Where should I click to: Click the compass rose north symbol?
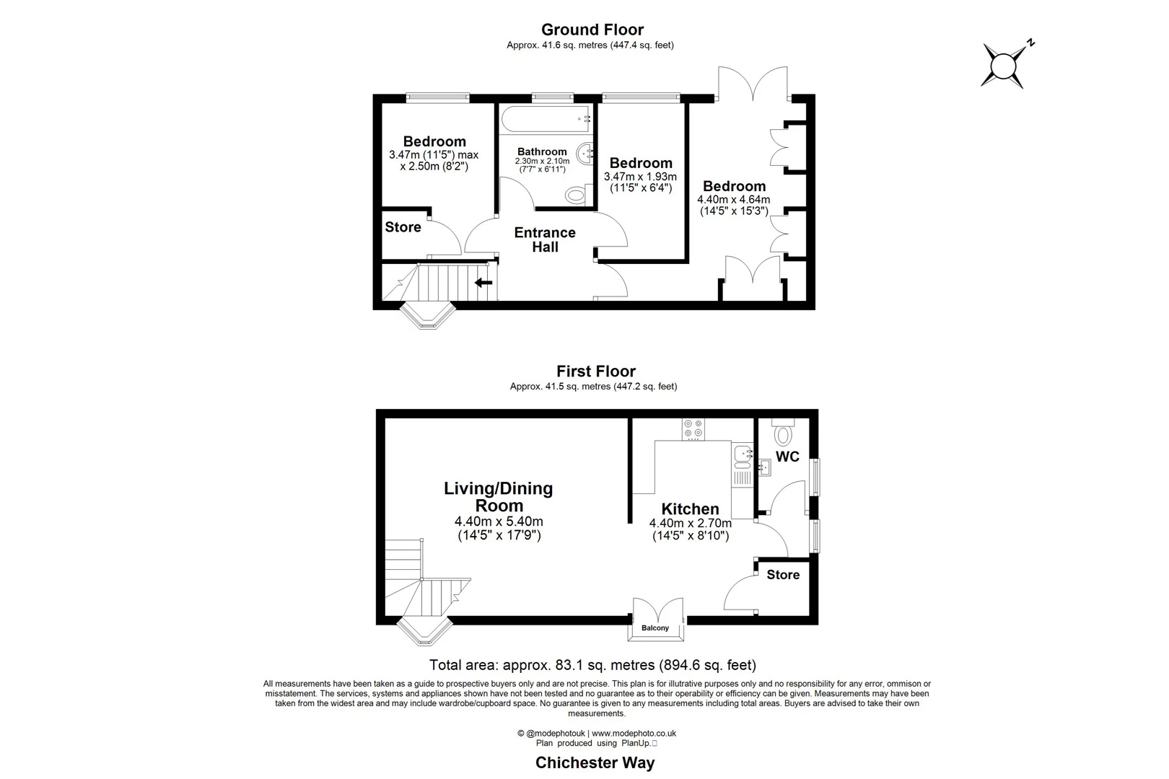tap(1004, 66)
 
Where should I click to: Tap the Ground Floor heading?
tap(592, 30)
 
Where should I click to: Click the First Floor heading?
tap(595, 371)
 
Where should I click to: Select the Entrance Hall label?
tap(545, 239)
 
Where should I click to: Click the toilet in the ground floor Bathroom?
tap(576, 195)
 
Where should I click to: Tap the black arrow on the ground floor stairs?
tap(483, 282)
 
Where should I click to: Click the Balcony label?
tap(655, 628)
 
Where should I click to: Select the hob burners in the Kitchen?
tap(693, 428)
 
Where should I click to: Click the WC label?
tap(787, 457)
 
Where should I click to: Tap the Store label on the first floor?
tap(783, 575)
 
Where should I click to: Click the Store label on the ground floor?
tap(403, 227)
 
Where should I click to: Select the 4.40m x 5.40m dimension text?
tap(499, 521)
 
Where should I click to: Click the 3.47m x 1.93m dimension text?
tap(640, 177)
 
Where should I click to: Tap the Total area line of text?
tap(592, 665)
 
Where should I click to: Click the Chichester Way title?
tap(595, 763)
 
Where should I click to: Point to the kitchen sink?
tap(742, 454)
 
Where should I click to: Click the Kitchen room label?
tap(690, 509)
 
